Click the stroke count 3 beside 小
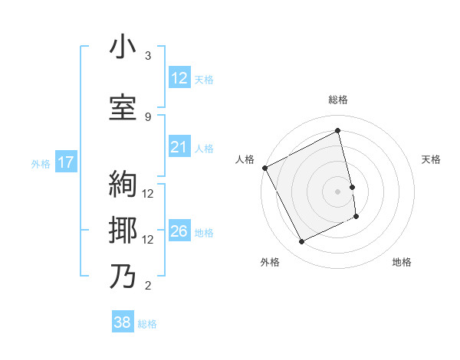pos(148,56)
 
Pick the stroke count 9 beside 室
pos(148,116)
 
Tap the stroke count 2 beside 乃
pos(148,286)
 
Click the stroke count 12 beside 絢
pos(149,194)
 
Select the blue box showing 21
pos(179,147)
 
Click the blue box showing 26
pos(179,232)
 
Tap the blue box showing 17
pos(65,162)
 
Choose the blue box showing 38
pos(123,323)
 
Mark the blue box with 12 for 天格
pos(179,78)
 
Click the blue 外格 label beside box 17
pos(41,163)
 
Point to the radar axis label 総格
pos(338,100)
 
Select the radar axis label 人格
pos(245,159)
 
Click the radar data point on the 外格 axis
pos(301,242)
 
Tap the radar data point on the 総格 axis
pos(338,131)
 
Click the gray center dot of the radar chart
pos(338,191)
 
